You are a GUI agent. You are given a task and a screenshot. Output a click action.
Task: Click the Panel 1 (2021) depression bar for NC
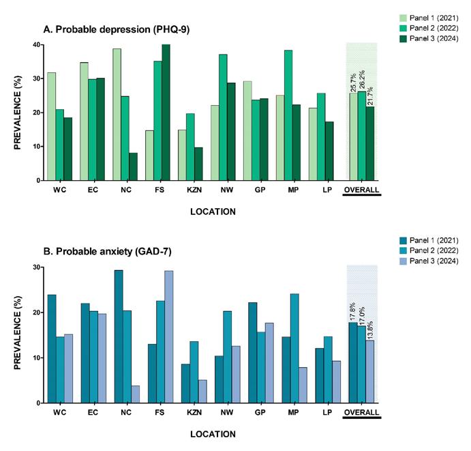pyautogui.click(x=117, y=115)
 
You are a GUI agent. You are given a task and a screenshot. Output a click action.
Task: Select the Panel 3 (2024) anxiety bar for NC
pyautogui.click(x=135, y=394)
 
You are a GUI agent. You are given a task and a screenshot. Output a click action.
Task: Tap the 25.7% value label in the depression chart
pyautogui.click(x=353, y=80)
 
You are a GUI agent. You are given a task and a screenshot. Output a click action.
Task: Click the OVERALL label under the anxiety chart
pyautogui.click(x=362, y=412)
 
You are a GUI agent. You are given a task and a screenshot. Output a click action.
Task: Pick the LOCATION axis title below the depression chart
pyautogui.click(x=213, y=212)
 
